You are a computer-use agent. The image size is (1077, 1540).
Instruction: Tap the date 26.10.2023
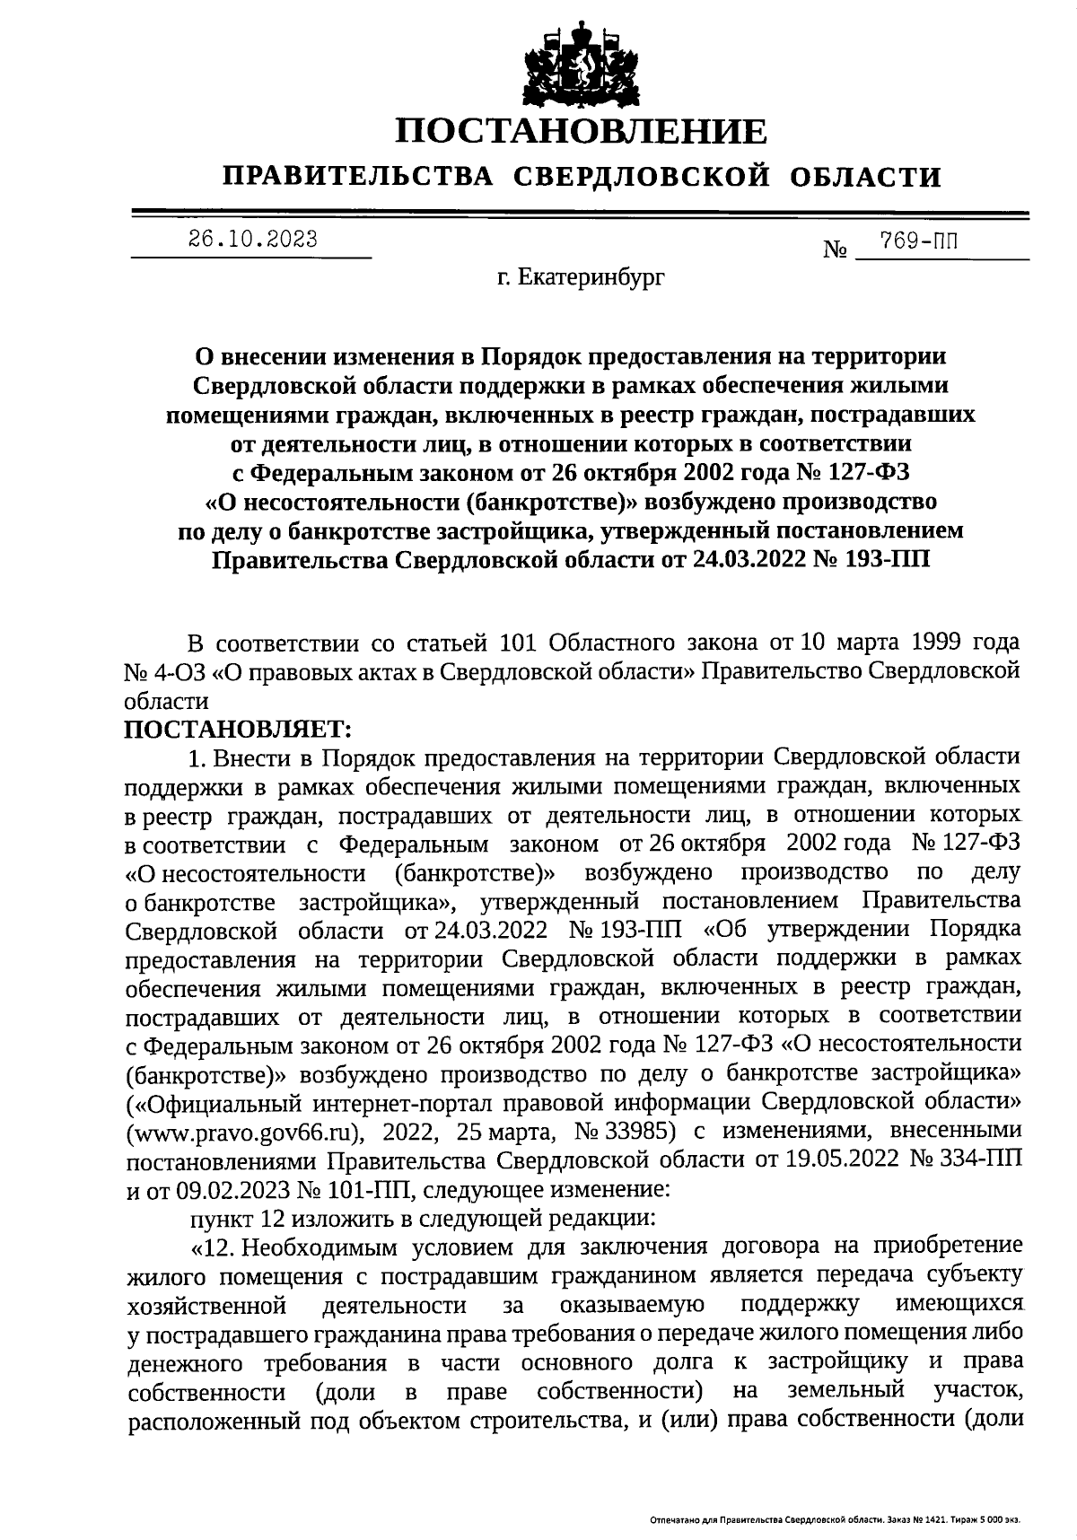pyautogui.click(x=252, y=239)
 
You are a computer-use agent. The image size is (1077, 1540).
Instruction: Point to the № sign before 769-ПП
pyautogui.click(x=836, y=249)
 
